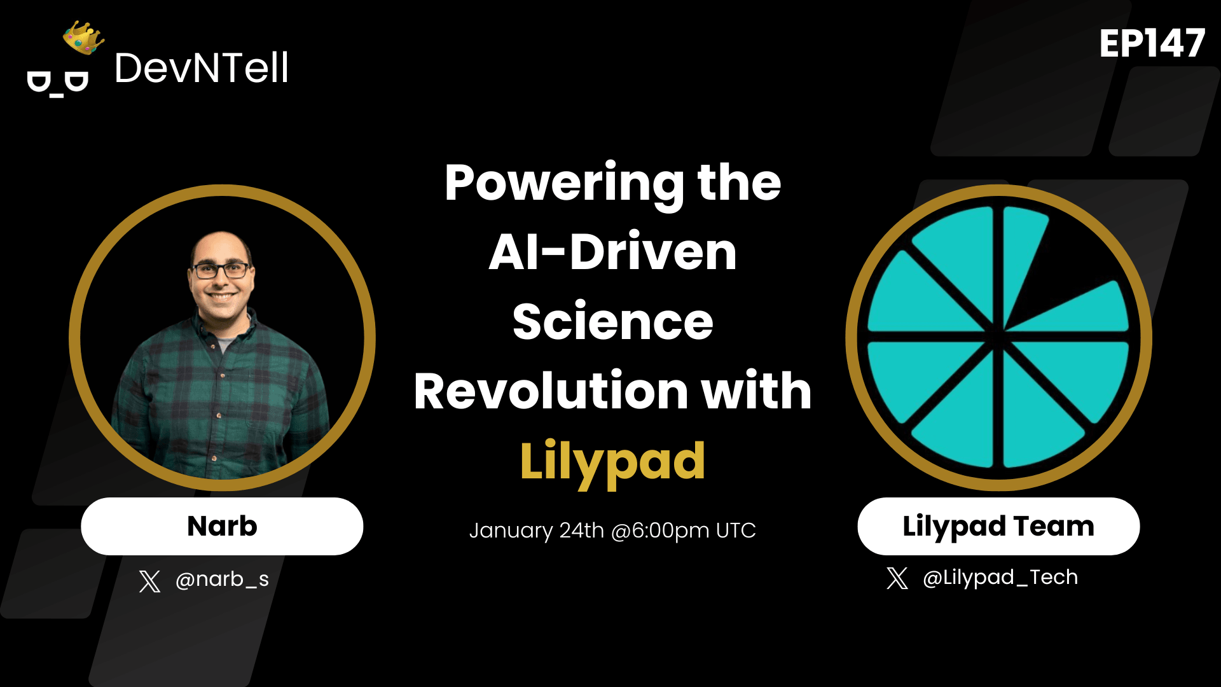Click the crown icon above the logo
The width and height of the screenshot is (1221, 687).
click(83, 38)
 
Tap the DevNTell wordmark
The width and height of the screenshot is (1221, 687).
click(201, 68)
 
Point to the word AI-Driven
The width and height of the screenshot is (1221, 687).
click(612, 253)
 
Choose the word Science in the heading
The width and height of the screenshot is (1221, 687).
click(612, 322)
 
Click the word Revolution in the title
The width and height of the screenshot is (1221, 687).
click(551, 391)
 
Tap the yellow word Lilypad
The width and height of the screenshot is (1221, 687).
click(612, 461)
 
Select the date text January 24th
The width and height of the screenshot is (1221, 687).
click(536, 531)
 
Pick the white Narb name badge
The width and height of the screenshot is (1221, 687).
click(222, 526)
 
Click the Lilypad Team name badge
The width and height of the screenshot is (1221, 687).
click(998, 526)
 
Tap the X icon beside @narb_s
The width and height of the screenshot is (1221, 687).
click(149, 581)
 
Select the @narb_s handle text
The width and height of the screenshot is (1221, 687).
click(222, 579)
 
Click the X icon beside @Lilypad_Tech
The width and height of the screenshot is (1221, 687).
click(897, 578)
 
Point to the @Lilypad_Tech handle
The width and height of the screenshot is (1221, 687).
click(1000, 578)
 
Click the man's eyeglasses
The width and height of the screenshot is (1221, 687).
click(221, 271)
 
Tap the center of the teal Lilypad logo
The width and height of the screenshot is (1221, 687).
click(998, 337)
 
